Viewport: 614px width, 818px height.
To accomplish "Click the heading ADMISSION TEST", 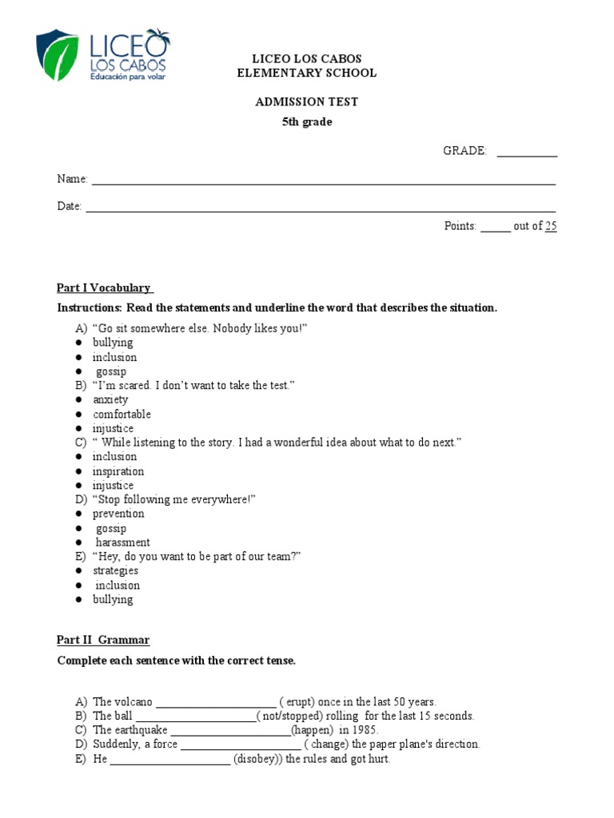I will click(306, 102).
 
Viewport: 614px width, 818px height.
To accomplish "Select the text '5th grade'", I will click(306, 122).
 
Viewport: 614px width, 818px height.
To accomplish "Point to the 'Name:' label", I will click(72, 180).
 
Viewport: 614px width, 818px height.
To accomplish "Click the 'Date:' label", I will click(70, 206).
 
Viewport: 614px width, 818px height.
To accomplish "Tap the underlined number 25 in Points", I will click(551, 226).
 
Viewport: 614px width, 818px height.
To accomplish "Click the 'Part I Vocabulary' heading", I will click(105, 288).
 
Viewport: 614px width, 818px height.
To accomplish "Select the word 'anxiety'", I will click(110, 399).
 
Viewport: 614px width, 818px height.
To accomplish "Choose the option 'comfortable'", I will click(122, 414).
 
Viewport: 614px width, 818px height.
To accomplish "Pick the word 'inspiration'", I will click(118, 471).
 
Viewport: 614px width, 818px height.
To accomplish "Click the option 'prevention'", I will click(118, 514).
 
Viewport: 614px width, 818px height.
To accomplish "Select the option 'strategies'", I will click(115, 570).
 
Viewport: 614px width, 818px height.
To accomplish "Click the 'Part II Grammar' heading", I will click(102, 640).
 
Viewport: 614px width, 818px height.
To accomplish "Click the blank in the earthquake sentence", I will click(230, 730).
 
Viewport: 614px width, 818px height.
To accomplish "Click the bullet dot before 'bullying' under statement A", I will click(79, 343).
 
